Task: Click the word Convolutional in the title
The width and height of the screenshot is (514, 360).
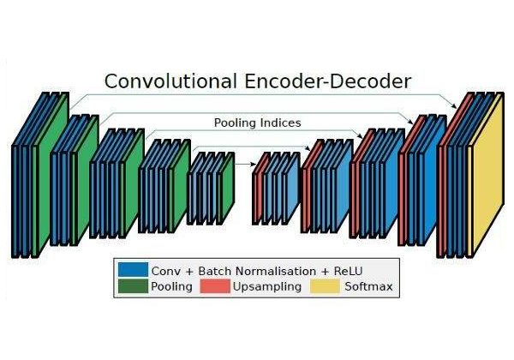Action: click(170, 81)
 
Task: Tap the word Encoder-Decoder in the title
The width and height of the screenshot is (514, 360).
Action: click(327, 81)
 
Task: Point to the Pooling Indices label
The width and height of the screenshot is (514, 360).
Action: click(257, 123)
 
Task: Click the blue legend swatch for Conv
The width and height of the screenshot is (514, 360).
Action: click(133, 269)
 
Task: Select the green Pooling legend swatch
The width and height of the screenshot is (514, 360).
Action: click(133, 286)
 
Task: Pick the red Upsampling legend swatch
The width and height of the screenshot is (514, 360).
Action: click(215, 286)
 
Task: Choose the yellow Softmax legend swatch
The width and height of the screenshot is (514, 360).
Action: click(325, 286)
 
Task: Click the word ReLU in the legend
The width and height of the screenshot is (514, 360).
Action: click(348, 271)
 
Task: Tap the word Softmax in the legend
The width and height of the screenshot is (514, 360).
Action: click(368, 286)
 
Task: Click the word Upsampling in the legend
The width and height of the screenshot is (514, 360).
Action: click(267, 287)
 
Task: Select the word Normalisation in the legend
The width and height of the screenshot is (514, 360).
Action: click(276, 271)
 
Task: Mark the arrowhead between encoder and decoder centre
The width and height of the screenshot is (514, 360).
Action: click(254, 164)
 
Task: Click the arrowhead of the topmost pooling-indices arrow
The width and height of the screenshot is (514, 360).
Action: click(454, 105)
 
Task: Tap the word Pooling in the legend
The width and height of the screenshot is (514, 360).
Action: click(171, 287)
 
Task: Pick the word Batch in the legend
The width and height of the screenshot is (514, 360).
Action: click(215, 271)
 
